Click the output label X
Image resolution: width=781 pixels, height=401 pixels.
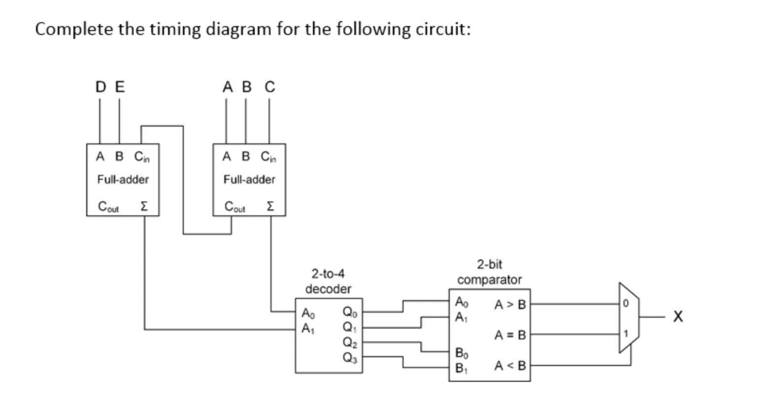tap(678, 316)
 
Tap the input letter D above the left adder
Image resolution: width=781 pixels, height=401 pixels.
tap(101, 87)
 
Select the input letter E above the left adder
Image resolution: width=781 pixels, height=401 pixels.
tap(120, 87)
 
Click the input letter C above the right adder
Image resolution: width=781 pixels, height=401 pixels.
tap(270, 87)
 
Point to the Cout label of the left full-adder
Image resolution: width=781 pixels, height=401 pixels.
tap(108, 206)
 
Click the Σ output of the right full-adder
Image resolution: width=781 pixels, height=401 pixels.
tap(270, 206)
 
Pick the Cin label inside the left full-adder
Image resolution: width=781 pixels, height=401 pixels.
tap(142, 157)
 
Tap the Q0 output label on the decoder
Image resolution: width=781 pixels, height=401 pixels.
tap(348, 312)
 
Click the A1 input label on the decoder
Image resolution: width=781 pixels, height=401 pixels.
tap(307, 328)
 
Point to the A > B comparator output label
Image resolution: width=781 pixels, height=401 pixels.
tap(510, 305)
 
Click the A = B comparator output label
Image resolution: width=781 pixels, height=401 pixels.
tap(510, 335)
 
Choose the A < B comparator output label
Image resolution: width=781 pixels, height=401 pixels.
tap(510, 366)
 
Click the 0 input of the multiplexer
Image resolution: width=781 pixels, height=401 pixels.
tap(625, 304)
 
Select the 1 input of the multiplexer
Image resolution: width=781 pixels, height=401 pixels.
tap(625, 334)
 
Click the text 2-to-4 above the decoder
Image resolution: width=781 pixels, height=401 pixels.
tap(328, 273)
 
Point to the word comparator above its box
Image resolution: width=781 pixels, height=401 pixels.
tap(489, 280)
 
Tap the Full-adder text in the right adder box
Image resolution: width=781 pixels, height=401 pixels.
tap(249, 180)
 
